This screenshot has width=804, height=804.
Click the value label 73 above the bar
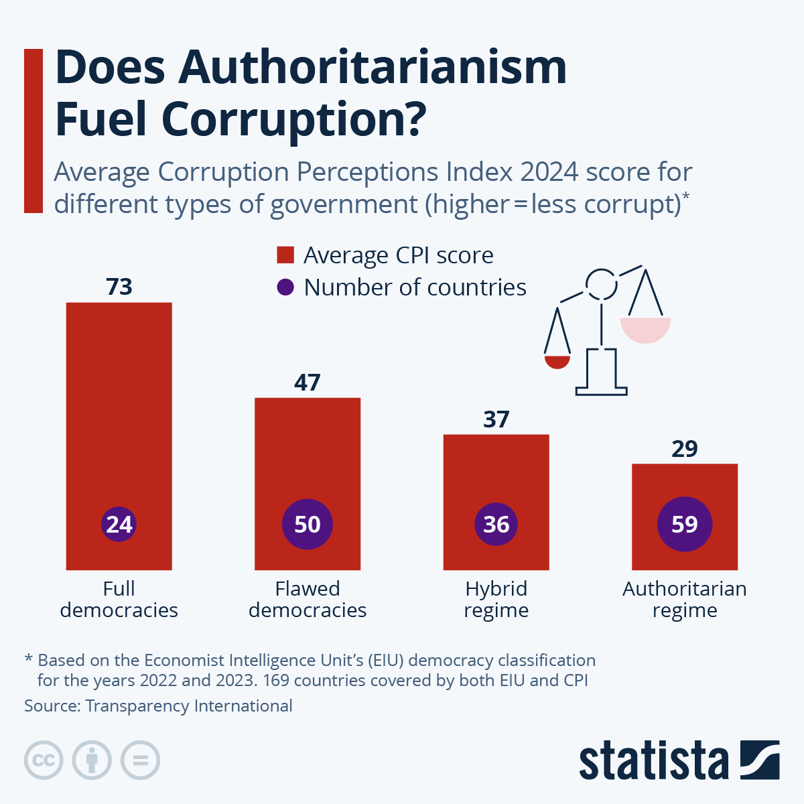(119, 287)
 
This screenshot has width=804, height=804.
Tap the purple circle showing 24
(119, 524)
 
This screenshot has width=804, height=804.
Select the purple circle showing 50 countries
(308, 524)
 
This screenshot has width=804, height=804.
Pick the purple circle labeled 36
(496, 524)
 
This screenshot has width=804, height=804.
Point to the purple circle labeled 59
(685, 524)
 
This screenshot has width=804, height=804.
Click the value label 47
(308, 383)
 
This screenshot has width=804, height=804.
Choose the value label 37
(496, 419)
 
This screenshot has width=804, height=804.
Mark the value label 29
(685, 449)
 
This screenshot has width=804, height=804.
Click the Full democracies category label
(119, 600)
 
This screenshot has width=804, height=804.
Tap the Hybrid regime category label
(496, 600)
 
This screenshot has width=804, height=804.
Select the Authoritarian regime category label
(685, 600)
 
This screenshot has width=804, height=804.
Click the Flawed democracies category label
(308, 600)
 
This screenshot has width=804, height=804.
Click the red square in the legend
(285, 255)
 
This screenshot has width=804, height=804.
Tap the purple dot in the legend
(285, 287)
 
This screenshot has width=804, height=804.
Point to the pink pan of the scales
(645, 330)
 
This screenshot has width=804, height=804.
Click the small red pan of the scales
(557, 362)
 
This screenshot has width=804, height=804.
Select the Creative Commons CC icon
(44, 760)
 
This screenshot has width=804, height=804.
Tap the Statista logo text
(653, 761)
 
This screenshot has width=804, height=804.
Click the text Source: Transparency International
(158, 706)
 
